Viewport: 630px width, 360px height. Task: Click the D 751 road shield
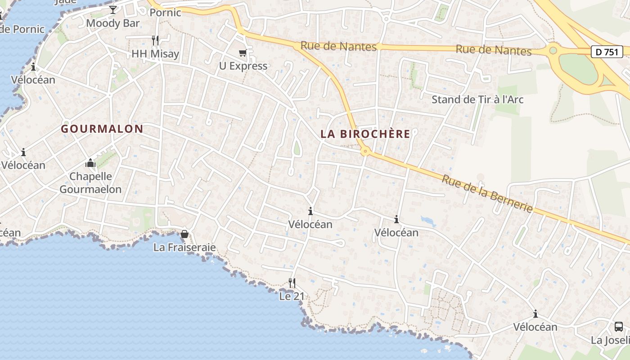pos(607,52)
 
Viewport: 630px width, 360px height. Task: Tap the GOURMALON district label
pos(102,129)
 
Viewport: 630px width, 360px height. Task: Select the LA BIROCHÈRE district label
pos(365,134)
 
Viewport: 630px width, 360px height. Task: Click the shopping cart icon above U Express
pos(243,53)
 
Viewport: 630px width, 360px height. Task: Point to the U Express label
pos(243,66)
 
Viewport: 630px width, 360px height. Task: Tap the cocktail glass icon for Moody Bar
pos(113,9)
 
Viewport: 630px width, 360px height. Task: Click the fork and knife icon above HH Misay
pos(155,40)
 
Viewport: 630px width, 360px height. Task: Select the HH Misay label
pos(155,54)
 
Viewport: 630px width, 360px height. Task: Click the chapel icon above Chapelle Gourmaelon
pos(90,162)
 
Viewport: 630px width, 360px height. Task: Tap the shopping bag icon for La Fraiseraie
pos(184,234)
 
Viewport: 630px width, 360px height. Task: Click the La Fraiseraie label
pos(184,247)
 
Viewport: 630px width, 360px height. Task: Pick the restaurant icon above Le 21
pos(292,283)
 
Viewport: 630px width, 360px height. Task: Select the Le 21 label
pos(292,297)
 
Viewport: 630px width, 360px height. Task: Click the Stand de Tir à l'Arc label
pos(477,99)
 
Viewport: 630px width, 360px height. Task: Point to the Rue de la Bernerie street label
pos(487,193)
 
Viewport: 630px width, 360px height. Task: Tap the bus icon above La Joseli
pos(619,327)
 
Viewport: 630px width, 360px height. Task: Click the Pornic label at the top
pos(165,13)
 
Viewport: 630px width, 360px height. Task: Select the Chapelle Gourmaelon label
pos(90,183)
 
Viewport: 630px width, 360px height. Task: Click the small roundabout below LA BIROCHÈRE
pos(365,152)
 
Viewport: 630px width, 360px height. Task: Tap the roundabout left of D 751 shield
pos(553,50)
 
